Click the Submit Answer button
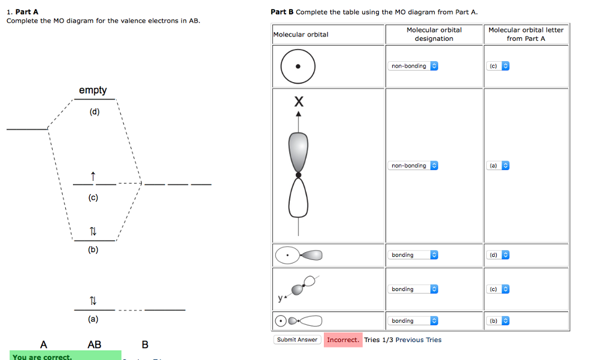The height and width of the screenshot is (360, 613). (x=298, y=340)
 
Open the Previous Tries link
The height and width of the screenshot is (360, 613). (x=418, y=340)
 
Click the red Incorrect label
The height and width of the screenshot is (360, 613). (x=343, y=340)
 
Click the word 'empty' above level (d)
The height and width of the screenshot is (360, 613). (x=93, y=90)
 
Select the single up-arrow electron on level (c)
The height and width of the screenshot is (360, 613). (x=93, y=176)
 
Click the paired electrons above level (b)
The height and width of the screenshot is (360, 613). (x=93, y=231)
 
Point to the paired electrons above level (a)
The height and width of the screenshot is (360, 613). (x=93, y=300)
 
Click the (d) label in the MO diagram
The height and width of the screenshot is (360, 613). (x=95, y=112)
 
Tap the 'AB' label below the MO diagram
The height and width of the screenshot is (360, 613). (x=95, y=344)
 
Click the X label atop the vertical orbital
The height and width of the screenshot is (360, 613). (x=298, y=102)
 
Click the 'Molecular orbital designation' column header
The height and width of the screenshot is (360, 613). (x=434, y=34)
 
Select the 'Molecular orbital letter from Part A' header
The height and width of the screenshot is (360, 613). (x=526, y=34)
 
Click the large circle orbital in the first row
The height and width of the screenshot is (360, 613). (x=298, y=66)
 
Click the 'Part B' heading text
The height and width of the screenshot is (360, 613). (x=282, y=11)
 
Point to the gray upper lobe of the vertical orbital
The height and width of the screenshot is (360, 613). (x=298, y=151)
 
